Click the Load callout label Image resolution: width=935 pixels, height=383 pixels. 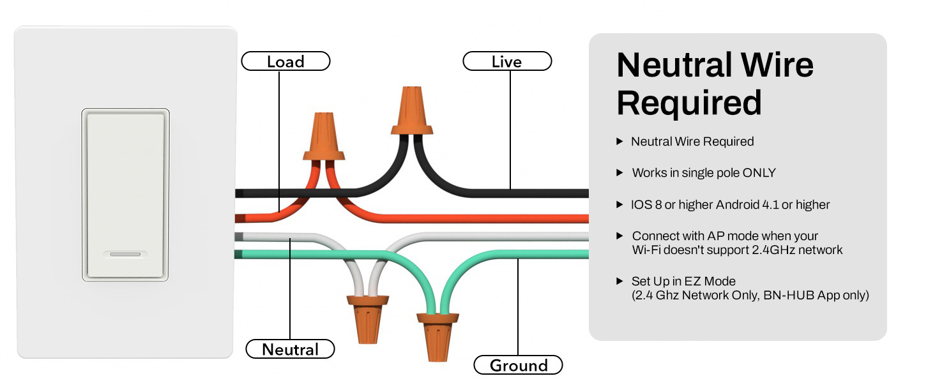tap(285, 62)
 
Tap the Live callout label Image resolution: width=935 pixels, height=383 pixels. tap(507, 62)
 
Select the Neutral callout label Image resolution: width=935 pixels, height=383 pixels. tap(291, 349)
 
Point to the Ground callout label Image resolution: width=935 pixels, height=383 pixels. tap(518, 365)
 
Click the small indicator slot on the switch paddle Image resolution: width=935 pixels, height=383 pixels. tap(125, 254)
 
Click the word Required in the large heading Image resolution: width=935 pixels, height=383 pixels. tap(689, 102)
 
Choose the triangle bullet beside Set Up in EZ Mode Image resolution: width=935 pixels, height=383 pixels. tap(620, 281)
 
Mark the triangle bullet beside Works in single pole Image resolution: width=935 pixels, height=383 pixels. tap(620, 173)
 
